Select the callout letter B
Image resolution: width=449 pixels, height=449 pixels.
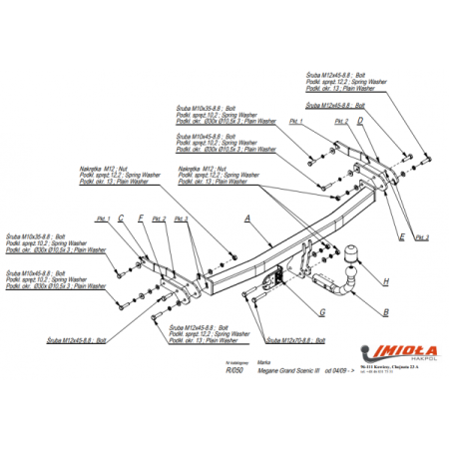pos(385,312)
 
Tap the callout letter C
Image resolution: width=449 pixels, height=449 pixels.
pos(120,218)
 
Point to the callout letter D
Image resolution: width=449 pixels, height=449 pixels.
pos(360,122)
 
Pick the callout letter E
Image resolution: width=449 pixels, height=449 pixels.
pos(401,236)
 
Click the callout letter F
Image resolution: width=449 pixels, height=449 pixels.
pos(141,218)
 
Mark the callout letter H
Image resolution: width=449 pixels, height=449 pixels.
pos(385,282)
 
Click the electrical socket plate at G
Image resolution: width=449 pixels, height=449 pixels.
pos(271,283)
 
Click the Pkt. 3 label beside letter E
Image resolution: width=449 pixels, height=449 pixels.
pos(422,237)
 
